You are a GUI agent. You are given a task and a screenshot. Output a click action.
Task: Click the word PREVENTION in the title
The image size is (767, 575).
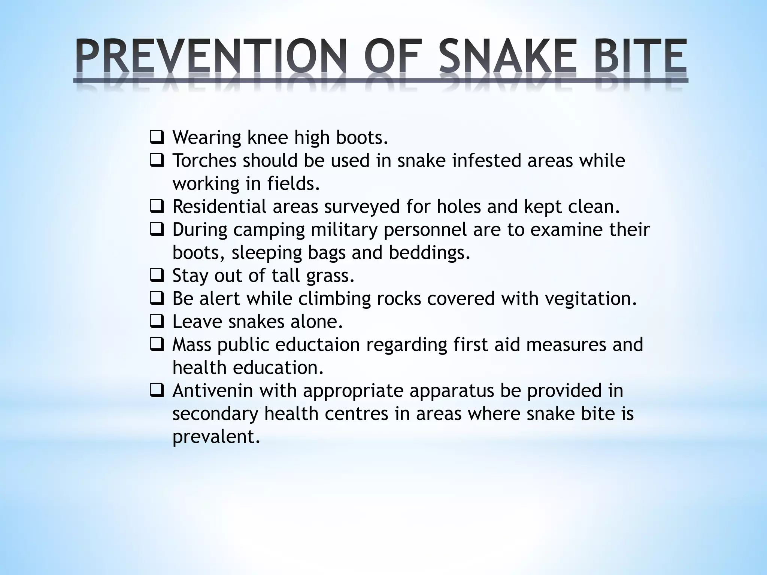210,57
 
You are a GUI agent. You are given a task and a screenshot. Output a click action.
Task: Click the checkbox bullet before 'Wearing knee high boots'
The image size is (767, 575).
156,138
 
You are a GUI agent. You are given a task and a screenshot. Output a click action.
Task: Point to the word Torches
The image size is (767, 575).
204,161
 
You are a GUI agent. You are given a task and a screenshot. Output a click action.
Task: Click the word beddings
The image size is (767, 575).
429,253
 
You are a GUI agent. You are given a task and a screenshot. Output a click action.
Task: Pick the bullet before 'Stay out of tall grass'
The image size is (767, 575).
156,276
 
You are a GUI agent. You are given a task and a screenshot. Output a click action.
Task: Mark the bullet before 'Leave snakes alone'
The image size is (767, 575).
156,322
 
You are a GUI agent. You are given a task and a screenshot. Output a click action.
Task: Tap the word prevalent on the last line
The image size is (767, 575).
216,437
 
